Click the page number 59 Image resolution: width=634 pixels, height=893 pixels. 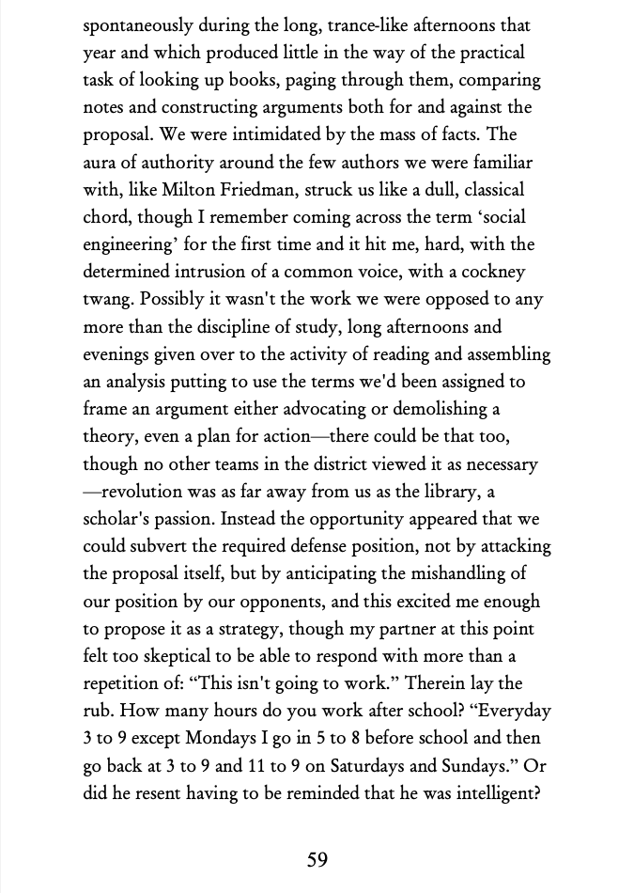317,859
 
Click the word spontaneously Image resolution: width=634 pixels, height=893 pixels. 140,25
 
